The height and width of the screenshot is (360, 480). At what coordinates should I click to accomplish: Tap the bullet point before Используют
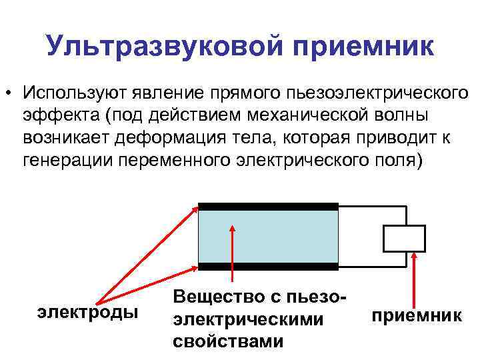point(10,91)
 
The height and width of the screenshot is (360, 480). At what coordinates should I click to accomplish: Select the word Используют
point(79,91)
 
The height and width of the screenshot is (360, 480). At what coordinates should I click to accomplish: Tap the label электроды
point(88,311)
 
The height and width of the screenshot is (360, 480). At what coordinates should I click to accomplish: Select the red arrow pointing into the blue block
point(232,253)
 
